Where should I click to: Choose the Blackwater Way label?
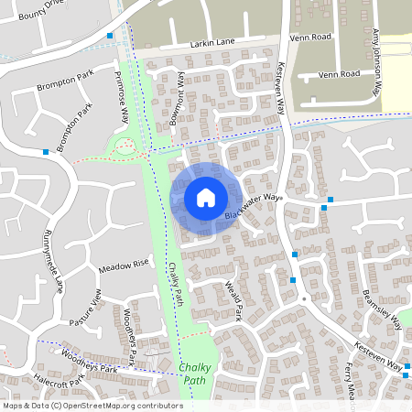click(x=255, y=207)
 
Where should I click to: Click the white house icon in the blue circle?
click(x=205, y=198)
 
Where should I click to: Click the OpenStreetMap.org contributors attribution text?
click(x=124, y=405)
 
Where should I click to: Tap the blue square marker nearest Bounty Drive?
click(x=110, y=36)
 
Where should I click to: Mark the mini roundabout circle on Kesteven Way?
click(x=302, y=298)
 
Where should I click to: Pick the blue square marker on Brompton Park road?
click(x=45, y=152)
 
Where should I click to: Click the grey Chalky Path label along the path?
click(x=175, y=284)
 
